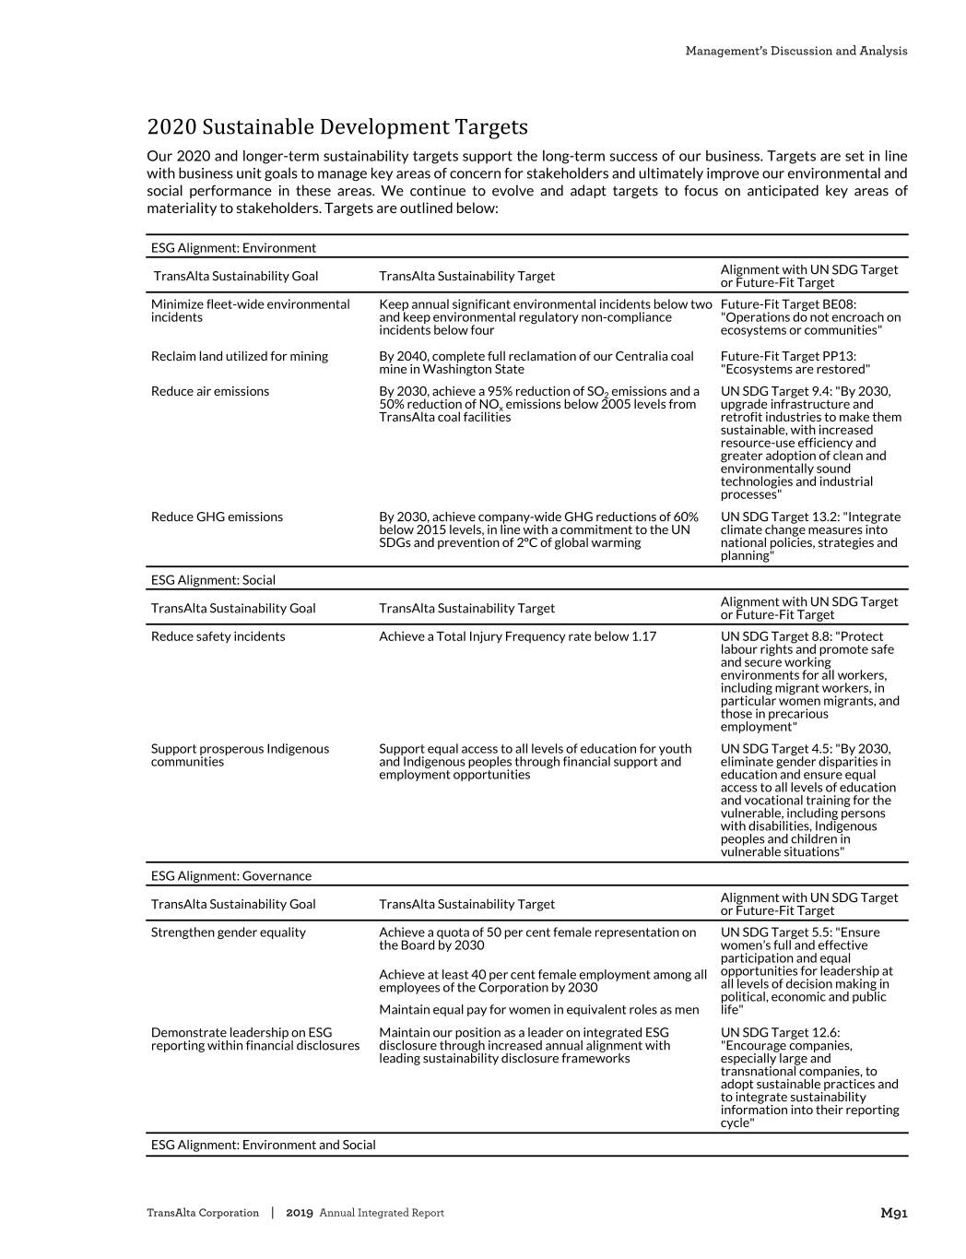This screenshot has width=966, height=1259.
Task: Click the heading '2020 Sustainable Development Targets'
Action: point(337,126)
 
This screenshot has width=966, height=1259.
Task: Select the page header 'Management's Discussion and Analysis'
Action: point(795,51)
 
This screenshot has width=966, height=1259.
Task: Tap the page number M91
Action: point(893,1213)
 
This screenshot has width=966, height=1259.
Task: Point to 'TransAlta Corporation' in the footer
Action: point(203,1213)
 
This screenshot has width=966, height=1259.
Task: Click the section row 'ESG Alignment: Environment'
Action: point(233,247)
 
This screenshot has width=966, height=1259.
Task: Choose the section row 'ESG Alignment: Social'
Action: point(213,580)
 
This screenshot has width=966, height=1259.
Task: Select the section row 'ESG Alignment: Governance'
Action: point(231,876)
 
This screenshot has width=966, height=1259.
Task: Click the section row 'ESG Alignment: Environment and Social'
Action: point(264,1145)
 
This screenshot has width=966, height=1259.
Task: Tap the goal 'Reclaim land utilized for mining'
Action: point(240,356)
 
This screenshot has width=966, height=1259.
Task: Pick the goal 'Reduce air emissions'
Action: point(210,391)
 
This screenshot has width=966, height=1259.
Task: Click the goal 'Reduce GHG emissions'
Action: point(217,517)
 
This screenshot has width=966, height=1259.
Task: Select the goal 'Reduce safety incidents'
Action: point(218,636)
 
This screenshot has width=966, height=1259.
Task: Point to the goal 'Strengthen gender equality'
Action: point(229,932)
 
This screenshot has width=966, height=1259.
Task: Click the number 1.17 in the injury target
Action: point(642,636)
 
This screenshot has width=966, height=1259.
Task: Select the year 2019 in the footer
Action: point(300,1213)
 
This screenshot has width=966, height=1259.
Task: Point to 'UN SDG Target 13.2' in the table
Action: point(780,517)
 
